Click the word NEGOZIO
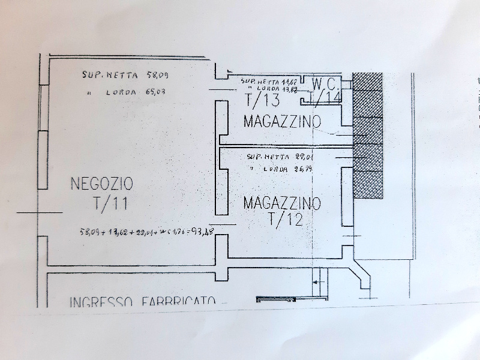(102, 182)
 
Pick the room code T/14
(327, 98)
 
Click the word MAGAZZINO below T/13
(282, 121)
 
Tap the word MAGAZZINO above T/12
(282, 202)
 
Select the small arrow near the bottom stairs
(320, 280)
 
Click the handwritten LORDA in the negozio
(125, 92)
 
